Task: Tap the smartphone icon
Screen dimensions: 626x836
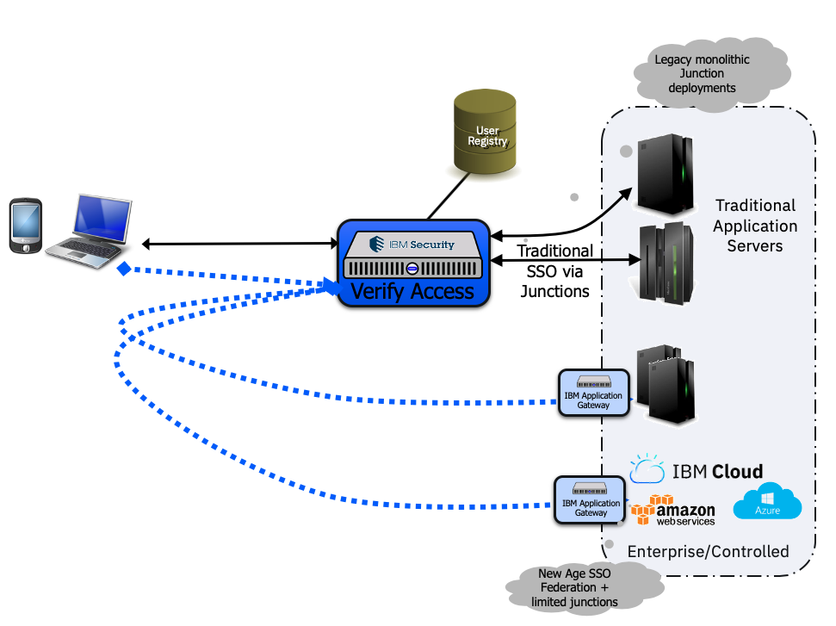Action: point(25,226)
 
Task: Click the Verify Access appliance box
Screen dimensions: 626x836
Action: point(413,262)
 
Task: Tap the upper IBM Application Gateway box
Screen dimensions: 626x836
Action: point(593,393)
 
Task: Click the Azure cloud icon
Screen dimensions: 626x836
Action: point(767,501)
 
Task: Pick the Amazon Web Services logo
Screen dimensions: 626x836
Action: point(673,510)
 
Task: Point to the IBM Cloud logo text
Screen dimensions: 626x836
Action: point(717,471)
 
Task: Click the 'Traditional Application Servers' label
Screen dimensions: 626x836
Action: point(755,226)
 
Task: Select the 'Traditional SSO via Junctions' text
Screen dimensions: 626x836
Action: point(554,270)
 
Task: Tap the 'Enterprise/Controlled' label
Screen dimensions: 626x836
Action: point(708,551)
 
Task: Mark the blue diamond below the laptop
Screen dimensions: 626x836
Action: point(124,270)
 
